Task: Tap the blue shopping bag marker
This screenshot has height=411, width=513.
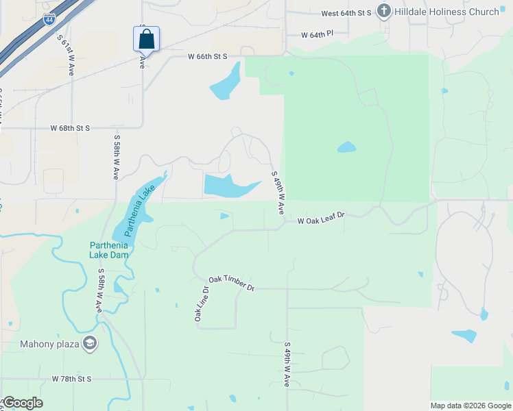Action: [x=146, y=39]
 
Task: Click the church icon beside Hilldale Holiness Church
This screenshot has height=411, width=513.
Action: [x=384, y=12]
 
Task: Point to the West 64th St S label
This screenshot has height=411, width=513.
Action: [x=346, y=13]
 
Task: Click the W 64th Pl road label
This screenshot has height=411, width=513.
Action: [x=316, y=34]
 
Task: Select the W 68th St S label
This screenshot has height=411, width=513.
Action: [x=70, y=128]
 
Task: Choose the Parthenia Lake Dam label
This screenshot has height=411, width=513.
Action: [x=109, y=250]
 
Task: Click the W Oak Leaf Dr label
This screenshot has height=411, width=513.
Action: [x=320, y=218]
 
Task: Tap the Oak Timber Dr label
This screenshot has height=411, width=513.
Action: [x=231, y=284]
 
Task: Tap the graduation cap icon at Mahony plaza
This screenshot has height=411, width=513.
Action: [x=89, y=343]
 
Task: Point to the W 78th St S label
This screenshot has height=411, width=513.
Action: [x=71, y=379]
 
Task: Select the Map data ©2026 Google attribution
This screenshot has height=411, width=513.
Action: [x=470, y=406]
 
